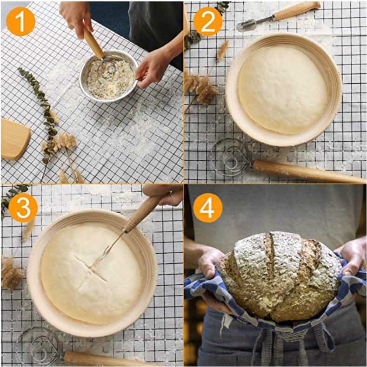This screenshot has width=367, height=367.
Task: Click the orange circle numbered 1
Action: (20, 21)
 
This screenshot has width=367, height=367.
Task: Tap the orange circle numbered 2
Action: (207, 21)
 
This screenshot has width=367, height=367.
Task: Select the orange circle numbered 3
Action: (23, 208)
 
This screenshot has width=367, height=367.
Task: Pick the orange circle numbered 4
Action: (207, 208)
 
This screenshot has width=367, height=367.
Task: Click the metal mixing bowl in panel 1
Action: (108, 76)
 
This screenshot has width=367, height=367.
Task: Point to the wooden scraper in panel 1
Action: (15, 139)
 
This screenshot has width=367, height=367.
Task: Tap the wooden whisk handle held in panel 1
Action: (93, 42)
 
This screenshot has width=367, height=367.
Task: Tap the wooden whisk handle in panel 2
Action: (307, 172)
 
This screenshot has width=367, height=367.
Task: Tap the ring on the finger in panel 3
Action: (170, 193)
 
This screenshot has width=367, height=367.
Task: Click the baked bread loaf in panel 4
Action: (279, 276)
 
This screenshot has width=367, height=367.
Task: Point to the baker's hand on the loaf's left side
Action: (210, 264)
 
